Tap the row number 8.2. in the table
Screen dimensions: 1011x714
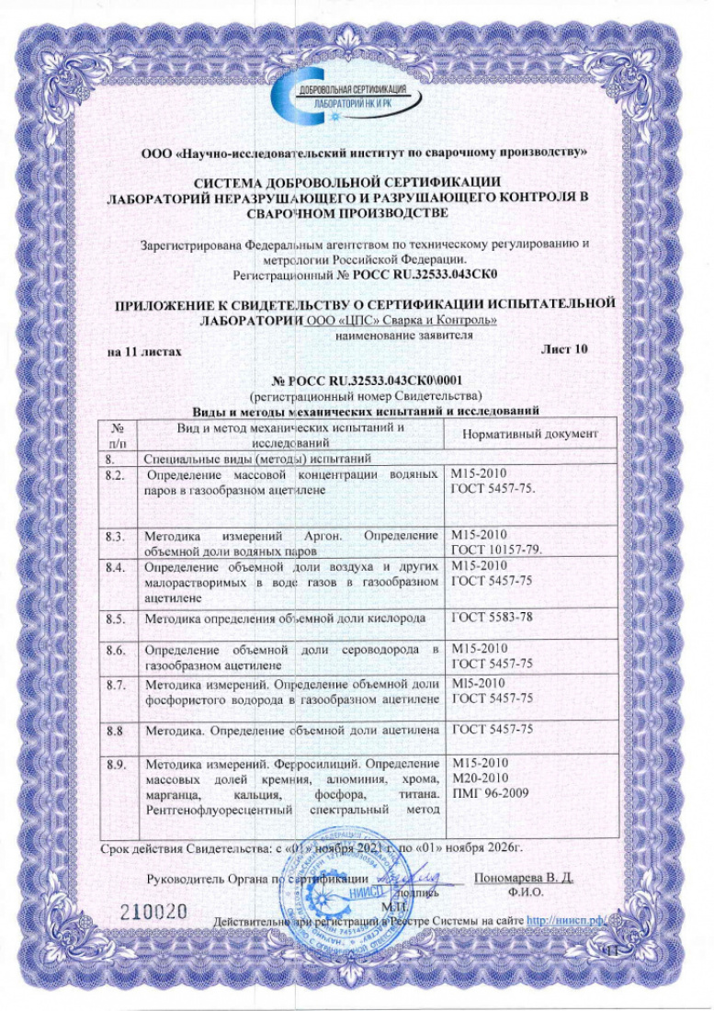tap(117, 474)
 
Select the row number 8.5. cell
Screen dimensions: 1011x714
tap(117, 619)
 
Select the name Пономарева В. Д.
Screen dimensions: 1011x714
tap(523, 877)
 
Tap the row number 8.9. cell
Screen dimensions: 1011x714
tap(117, 764)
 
